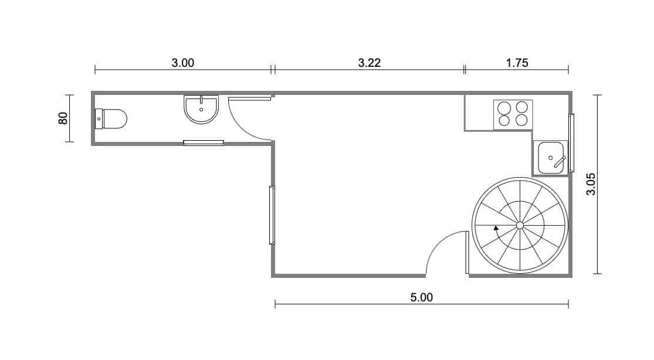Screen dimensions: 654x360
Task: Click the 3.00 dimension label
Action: [x=182, y=63]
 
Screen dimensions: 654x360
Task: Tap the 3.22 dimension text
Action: [x=369, y=63]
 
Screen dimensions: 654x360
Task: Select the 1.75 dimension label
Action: [x=517, y=63]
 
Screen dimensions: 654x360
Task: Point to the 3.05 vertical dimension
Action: [x=591, y=184]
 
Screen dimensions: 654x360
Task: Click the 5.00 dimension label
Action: [x=422, y=297]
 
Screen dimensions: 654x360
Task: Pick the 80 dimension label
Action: [x=63, y=118]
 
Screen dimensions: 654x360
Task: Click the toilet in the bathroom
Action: [x=111, y=119]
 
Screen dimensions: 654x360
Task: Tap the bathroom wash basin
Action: [x=201, y=109]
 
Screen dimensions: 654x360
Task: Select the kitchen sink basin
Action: [x=551, y=158]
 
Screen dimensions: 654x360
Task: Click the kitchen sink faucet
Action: [x=560, y=162]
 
